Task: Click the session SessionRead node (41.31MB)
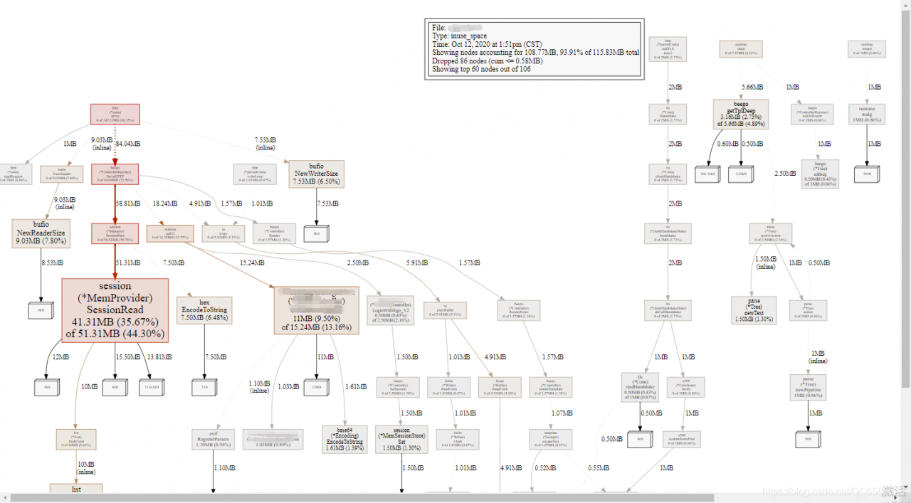[x=115, y=310]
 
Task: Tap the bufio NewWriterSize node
[x=317, y=174]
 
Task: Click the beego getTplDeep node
[x=741, y=115]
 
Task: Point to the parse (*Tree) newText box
[x=754, y=310]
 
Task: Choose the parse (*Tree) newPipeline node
[x=809, y=387]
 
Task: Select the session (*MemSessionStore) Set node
[x=401, y=439]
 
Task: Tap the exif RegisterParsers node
[x=213, y=439]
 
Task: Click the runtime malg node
[x=867, y=115]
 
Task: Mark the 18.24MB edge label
[x=166, y=203]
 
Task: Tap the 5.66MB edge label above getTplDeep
[x=753, y=87]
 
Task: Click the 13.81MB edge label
[x=158, y=356]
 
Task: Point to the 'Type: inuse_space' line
[x=460, y=36]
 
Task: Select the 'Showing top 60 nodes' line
[x=482, y=70]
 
